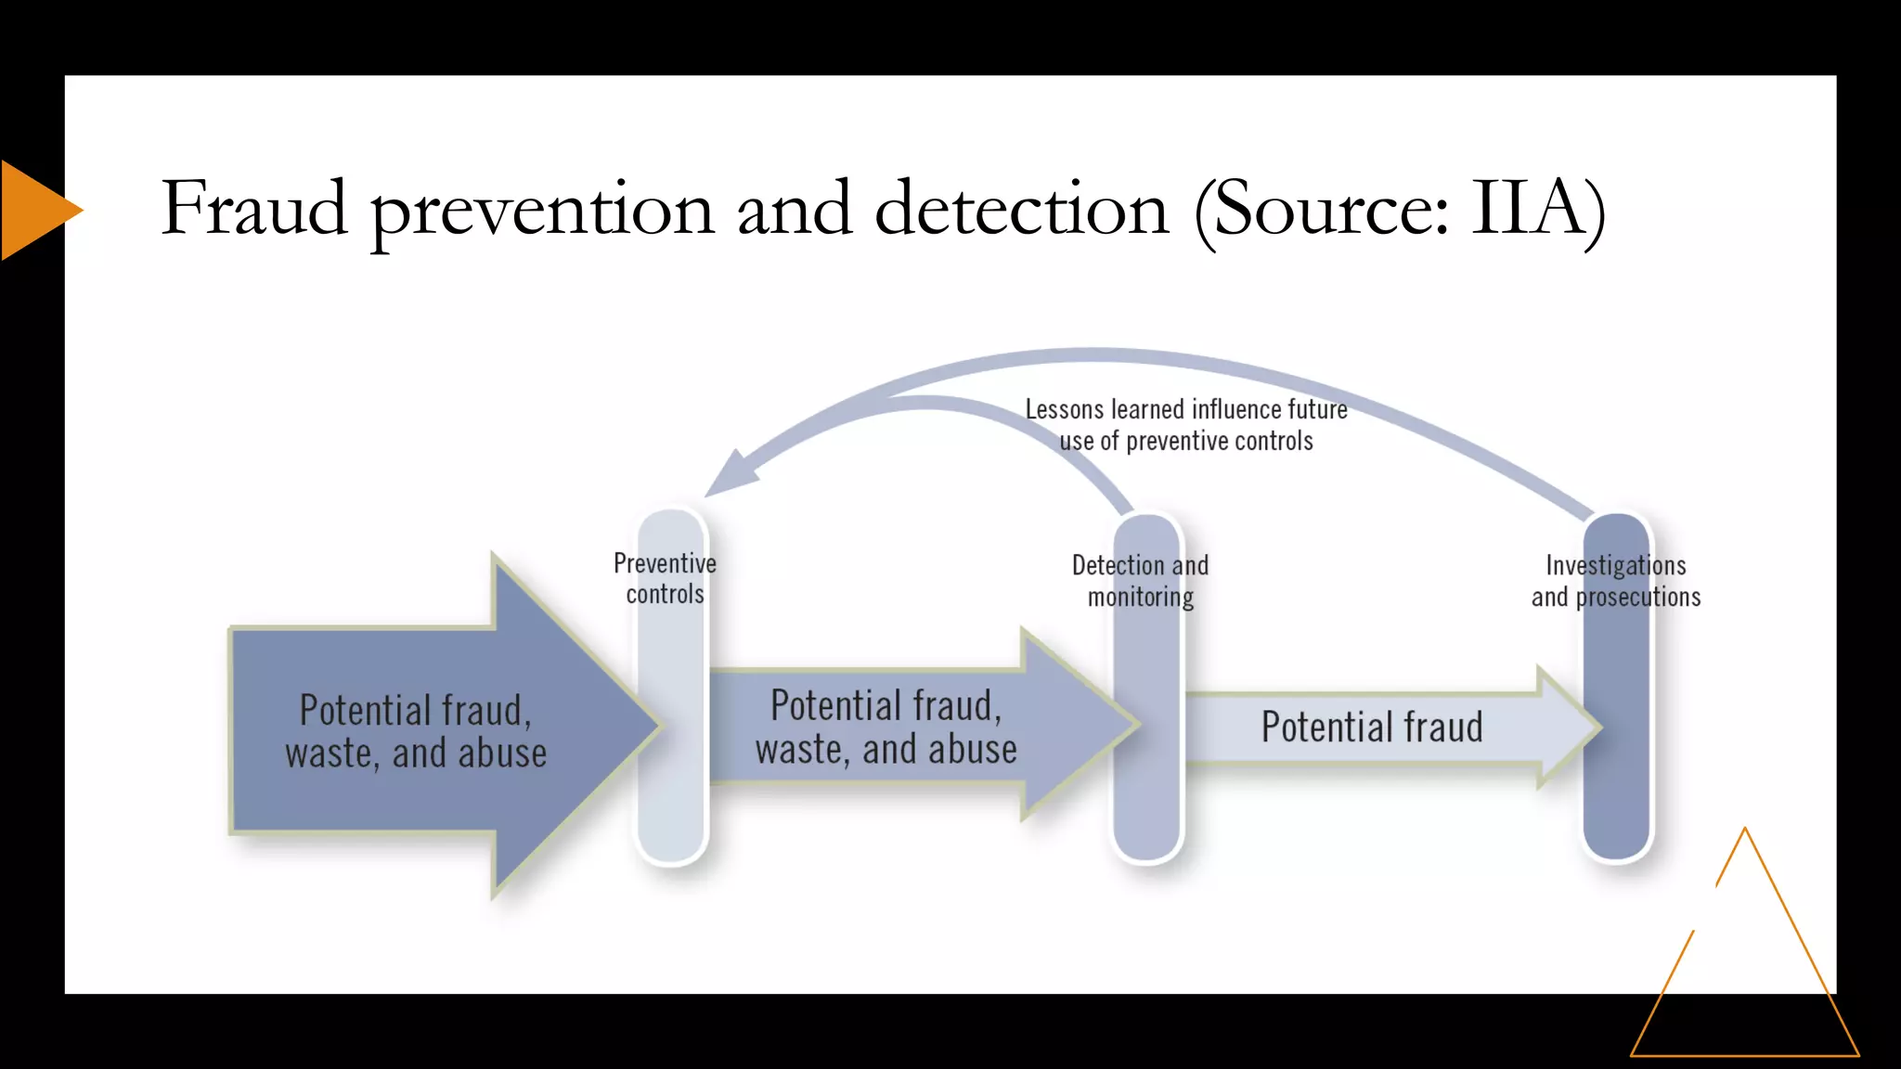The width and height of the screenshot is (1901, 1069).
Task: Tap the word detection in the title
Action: pyautogui.click(x=1021, y=209)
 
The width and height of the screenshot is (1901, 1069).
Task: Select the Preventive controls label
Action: pyautogui.click(x=665, y=578)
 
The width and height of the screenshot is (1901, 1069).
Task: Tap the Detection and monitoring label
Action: pyautogui.click(x=1140, y=581)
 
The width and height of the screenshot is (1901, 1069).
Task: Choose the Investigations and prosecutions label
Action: pyautogui.click(x=1616, y=581)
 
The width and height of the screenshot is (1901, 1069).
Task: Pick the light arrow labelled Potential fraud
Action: pyautogui.click(x=1372, y=728)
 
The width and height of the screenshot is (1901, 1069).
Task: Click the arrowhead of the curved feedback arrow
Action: pyautogui.click(x=729, y=473)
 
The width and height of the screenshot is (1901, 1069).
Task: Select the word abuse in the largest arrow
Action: pyautogui.click(x=501, y=753)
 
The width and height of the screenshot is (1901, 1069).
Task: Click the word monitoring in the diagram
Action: pyautogui.click(x=1141, y=597)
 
